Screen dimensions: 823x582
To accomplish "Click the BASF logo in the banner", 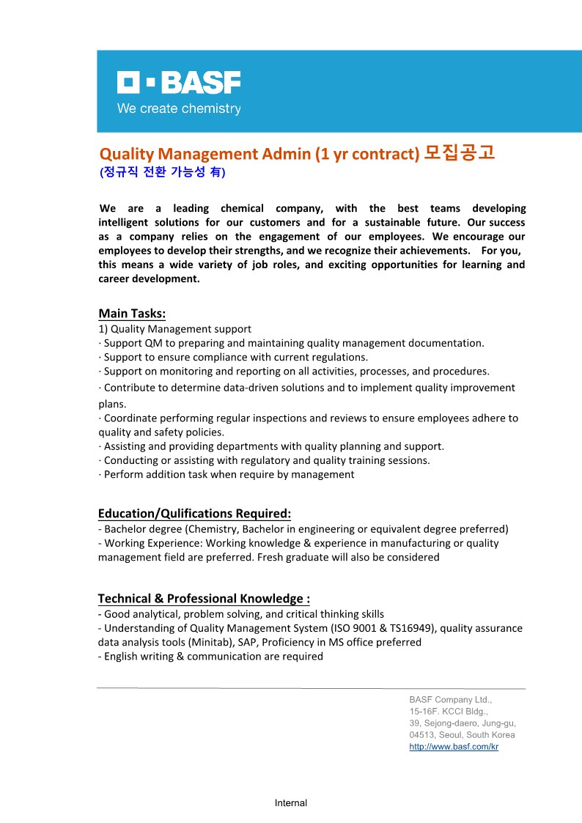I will (x=179, y=83).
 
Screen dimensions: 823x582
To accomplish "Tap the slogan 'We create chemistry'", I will (x=179, y=109).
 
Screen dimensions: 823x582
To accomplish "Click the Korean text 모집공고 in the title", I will (x=460, y=153).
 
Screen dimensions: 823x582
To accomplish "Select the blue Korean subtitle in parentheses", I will (x=162, y=173).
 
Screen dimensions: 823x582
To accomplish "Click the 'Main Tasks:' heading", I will (x=132, y=314).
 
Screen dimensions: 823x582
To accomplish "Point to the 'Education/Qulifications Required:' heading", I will (x=194, y=513).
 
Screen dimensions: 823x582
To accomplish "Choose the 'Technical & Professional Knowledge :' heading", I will (x=199, y=598).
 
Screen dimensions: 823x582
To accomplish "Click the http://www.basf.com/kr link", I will (x=454, y=747).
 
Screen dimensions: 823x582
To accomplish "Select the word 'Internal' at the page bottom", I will (x=291, y=802).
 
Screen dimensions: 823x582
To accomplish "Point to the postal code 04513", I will (x=421, y=735).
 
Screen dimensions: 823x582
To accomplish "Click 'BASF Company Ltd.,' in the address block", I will (x=450, y=700).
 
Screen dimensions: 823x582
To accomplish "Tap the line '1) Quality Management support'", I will (x=174, y=329).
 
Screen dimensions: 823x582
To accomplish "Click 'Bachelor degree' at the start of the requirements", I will (x=142, y=528).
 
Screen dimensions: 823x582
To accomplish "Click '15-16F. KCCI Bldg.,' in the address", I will (x=449, y=712).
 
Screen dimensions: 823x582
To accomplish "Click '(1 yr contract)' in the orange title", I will (x=367, y=154).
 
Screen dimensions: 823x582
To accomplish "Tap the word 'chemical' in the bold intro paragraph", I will (x=242, y=208).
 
